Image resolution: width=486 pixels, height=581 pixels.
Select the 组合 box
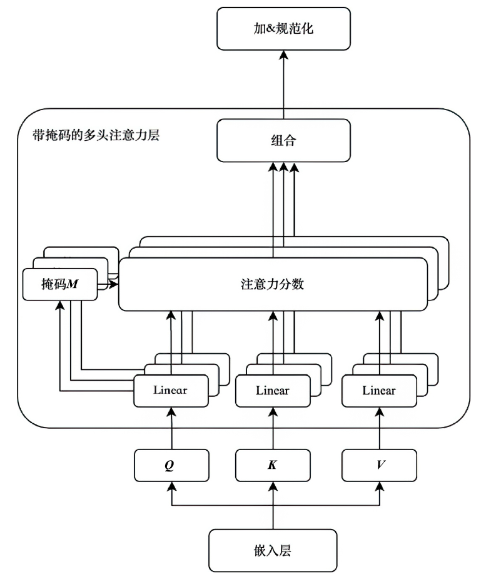point(283,141)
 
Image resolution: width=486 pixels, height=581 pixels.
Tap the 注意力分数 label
point(273,284)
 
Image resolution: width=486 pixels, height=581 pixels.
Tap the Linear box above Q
point(171,389)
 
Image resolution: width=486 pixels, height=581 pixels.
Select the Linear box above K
point(273,391)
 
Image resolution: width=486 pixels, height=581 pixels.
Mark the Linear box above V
point(379,391)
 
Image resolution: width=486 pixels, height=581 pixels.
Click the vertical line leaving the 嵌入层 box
point(273,517)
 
